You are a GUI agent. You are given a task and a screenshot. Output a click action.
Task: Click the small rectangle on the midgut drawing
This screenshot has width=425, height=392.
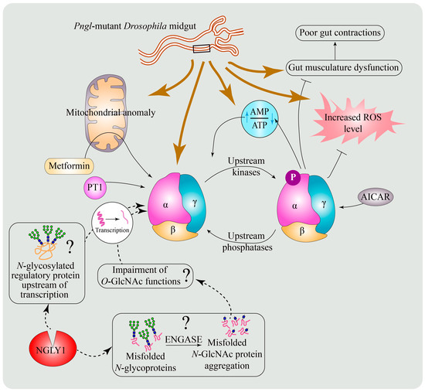203,49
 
